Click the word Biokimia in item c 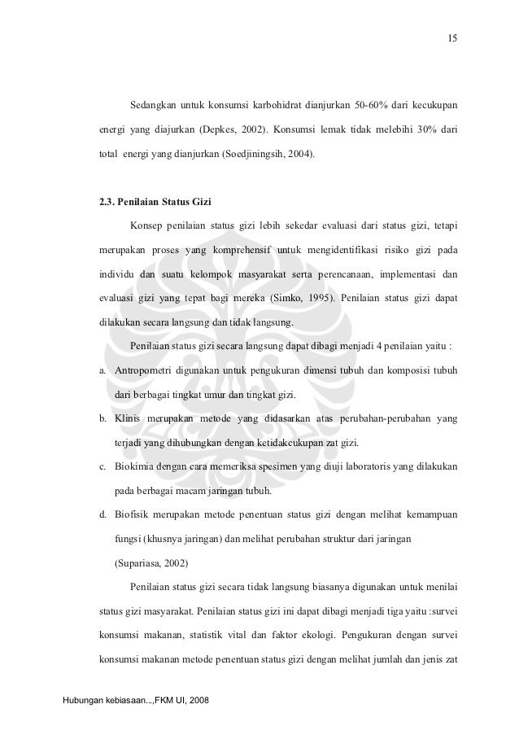pos(134,467)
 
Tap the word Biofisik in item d pos(133,514)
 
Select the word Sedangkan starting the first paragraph pos(155,105)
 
